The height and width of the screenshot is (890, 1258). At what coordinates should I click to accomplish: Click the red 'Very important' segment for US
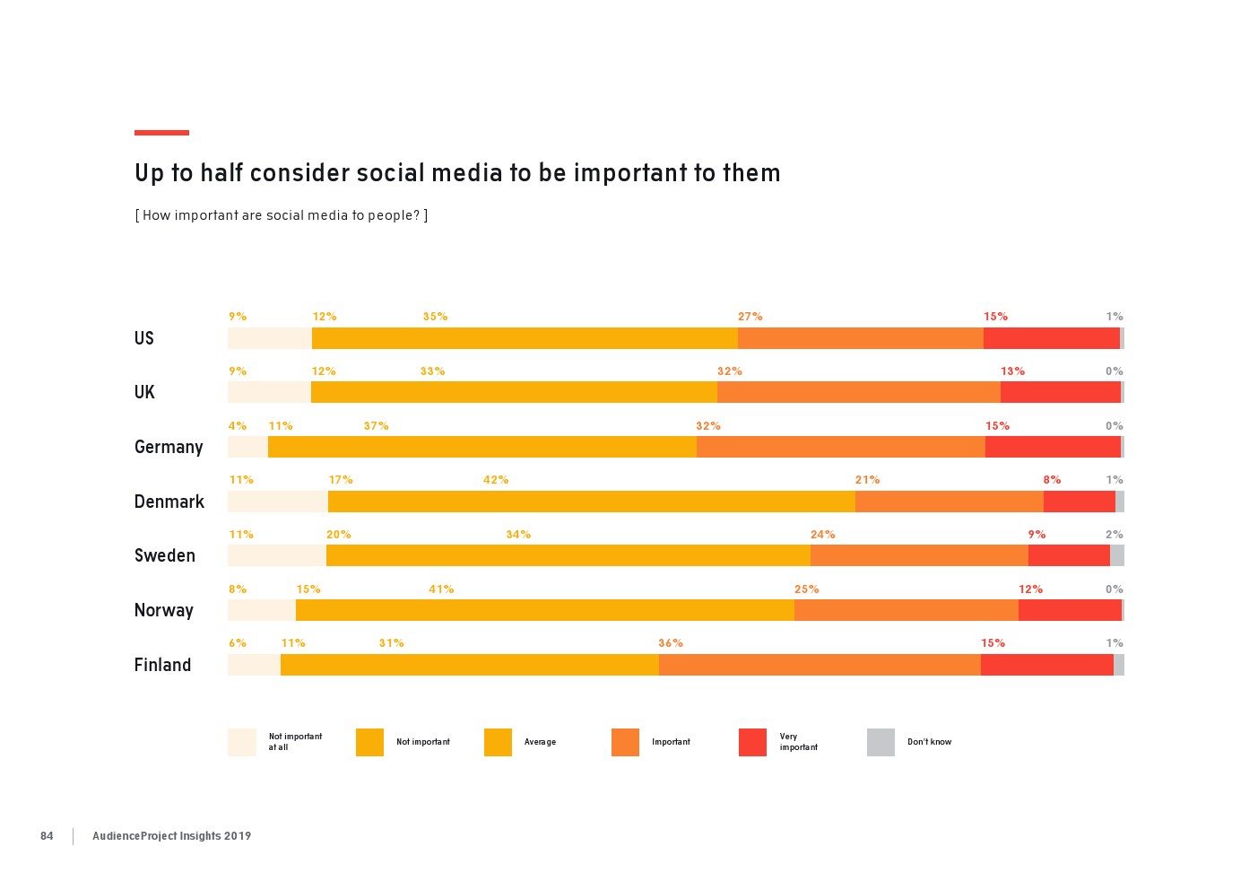click(1051, 338)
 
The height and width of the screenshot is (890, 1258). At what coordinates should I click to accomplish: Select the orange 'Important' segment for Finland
click(820, 665)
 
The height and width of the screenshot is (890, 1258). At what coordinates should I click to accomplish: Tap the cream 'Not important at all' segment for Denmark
click(278, 502)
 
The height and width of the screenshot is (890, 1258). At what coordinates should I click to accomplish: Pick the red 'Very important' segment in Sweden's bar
click(1069, 555)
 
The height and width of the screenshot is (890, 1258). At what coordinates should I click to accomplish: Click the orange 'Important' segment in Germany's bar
click(840, 447)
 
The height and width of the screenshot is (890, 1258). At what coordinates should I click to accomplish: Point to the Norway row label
click(163, 611)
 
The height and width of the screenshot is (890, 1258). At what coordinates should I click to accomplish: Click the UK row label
click(144, 392)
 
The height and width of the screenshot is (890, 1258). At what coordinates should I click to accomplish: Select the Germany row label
click(169, 447)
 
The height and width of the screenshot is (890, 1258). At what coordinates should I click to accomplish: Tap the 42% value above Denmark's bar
click(496, 480)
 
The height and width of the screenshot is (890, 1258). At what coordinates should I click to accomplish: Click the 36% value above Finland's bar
click(671, 643)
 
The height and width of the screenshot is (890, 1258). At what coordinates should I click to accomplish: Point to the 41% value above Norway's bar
click(441, 589)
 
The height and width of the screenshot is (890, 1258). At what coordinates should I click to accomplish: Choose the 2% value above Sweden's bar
click(1114, 535)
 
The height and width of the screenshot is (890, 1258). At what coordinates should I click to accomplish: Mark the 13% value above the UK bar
click(1012, 371)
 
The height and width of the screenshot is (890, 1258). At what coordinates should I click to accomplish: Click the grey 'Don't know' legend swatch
click(881, 742)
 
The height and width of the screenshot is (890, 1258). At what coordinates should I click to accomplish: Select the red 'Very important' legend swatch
click(752, 742)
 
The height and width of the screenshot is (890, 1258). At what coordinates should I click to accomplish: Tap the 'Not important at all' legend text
click(295, 742)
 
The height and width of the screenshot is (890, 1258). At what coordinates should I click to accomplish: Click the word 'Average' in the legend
click(540, 742)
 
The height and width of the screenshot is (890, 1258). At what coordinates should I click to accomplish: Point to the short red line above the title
click(161, 133)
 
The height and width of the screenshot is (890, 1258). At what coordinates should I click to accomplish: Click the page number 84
click(47, 836)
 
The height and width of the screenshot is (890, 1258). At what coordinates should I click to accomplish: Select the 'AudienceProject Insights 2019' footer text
click(171, 836)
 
